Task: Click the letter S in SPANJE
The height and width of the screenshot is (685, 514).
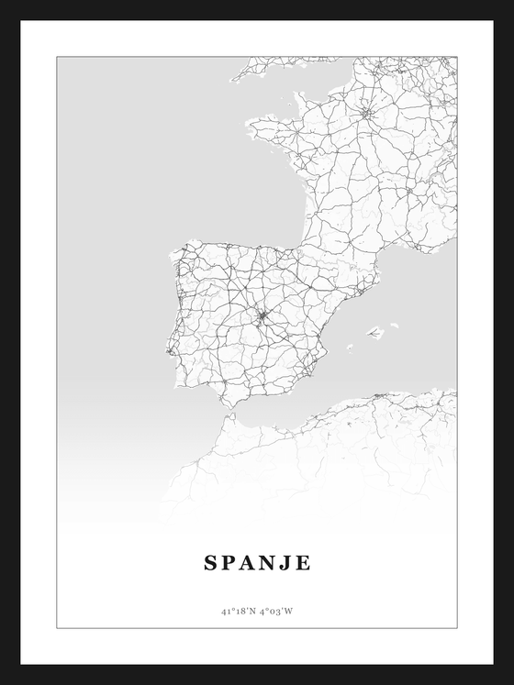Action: click(210, 563)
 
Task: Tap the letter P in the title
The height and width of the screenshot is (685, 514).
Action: click(230, 563)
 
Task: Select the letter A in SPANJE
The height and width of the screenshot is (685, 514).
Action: click(251, 563)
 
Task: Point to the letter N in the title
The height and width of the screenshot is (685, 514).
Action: click(271, 563)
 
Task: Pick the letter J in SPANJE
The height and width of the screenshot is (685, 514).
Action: click(289, 563)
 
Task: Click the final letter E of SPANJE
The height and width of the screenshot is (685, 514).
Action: click(305, 563)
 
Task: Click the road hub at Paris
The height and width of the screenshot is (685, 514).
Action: click(366, 115)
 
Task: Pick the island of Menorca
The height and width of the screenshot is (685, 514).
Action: click(395, 324)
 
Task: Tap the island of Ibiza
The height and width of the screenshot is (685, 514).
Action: click(350, 347)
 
